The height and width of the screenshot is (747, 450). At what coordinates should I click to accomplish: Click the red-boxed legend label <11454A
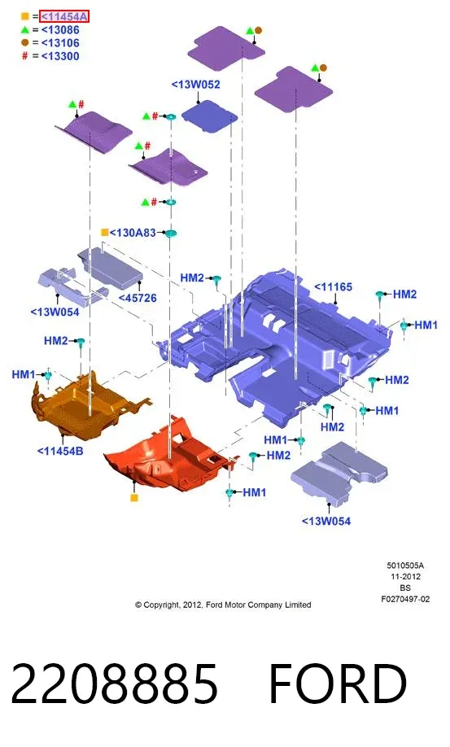64,16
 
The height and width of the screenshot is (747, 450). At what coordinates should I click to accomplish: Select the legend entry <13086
60,30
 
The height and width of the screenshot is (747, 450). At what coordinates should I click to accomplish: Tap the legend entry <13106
60,43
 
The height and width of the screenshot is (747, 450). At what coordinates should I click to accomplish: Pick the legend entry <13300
60,56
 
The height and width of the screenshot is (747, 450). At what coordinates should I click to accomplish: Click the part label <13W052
196,85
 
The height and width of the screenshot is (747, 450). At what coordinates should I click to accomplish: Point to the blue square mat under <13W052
209,116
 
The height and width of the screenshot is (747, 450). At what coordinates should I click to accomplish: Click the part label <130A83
133,233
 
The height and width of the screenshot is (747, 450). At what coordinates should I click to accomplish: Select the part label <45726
138,298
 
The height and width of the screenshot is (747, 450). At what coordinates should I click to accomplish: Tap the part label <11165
334,287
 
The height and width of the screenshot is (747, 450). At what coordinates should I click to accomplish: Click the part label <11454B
60,451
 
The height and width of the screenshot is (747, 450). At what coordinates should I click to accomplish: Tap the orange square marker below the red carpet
134,498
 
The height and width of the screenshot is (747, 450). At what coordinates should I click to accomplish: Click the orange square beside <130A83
105,233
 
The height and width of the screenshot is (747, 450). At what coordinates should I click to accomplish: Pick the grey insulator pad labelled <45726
111,268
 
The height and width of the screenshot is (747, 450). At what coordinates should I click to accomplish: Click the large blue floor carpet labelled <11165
281,343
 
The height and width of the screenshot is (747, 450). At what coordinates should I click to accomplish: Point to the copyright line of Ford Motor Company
223,605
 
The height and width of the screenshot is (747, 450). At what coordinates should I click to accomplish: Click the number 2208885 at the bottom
114,684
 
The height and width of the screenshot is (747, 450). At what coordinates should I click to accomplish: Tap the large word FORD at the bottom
338,684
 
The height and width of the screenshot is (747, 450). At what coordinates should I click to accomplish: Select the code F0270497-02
405,600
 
